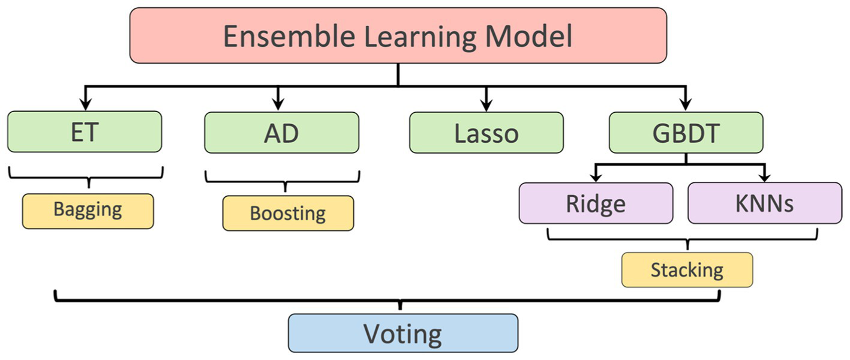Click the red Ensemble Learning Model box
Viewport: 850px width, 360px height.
[398, 35]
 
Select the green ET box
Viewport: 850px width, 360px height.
[85, 132]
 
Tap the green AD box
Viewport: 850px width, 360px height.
[281, 133]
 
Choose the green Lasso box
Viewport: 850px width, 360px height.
[486, 133]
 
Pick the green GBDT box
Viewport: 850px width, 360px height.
[686, 133]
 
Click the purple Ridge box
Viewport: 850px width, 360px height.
[596, 203]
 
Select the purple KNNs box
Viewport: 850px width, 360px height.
[764, 203]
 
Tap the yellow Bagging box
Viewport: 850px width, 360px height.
[88, 211]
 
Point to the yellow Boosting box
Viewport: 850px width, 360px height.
[288, 213]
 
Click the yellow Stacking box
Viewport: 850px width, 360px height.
[687, 270]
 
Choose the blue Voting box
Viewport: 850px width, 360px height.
[403, 333]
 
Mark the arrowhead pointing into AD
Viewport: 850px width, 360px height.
[277, 101]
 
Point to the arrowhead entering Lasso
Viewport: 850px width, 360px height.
[486, 101]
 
